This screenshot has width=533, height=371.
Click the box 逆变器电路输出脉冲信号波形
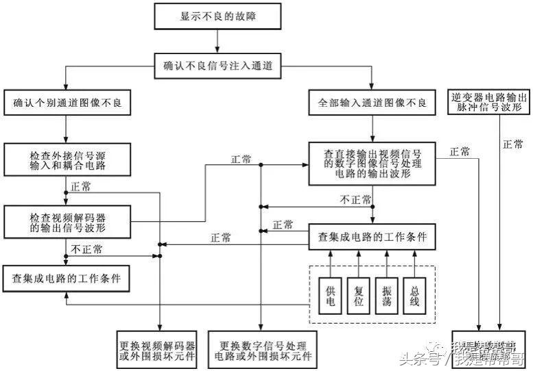[488, 103]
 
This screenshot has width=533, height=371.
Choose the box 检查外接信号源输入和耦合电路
[66, 160]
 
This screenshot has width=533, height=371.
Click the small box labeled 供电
[331, 294]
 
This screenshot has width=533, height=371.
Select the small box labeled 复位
[359, 294]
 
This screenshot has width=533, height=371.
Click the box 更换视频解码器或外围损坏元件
[158, 349]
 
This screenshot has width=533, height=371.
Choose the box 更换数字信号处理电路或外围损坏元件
[261, 349]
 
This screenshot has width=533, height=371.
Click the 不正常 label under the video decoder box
[86, 250]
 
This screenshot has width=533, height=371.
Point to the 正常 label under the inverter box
[512, 145]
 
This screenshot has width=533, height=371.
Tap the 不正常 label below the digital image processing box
[356, 199]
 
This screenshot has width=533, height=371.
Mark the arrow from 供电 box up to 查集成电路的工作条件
[331, 260]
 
